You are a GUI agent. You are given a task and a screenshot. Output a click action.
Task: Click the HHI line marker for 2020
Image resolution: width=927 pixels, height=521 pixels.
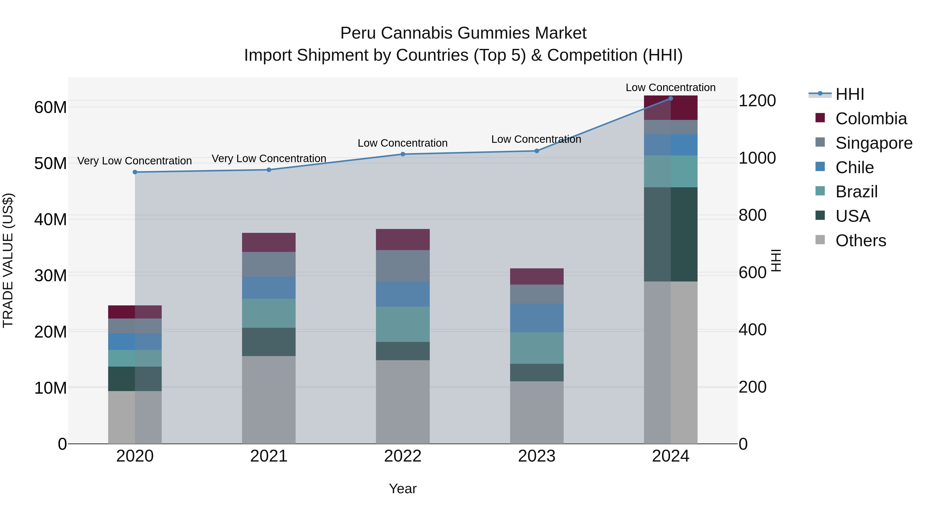click(x=135, y=172)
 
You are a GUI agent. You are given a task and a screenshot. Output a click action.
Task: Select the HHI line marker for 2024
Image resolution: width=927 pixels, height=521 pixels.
click(x=671, y=99)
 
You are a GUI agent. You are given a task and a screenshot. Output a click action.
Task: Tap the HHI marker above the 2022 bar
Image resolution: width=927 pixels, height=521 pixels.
click(x=403, y=154)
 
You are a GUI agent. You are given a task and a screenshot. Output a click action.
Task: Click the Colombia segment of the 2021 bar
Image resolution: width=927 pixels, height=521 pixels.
click(x=269, y=242)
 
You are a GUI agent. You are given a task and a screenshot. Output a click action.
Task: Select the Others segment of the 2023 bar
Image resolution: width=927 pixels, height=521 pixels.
click(x=537, y=412)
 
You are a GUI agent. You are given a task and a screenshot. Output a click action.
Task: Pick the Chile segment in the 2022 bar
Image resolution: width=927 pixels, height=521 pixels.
click(x=403, y=295)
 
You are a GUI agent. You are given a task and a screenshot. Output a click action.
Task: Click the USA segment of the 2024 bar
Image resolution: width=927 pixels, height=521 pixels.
click(x=671, y=234)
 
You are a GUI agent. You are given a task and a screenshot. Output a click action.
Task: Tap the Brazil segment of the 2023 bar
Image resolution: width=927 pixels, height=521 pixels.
click(x=537, y=348)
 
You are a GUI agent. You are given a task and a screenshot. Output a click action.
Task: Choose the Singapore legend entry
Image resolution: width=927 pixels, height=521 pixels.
click(x=873, y=143)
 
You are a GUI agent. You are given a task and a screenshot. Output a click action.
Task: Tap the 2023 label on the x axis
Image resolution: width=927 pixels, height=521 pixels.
click(x=537, y=456)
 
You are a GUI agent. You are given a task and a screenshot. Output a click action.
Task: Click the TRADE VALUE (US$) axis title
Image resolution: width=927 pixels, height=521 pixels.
click(x=8, y=260)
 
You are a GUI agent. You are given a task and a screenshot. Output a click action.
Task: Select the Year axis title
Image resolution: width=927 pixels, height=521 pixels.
click(x=403, y=489)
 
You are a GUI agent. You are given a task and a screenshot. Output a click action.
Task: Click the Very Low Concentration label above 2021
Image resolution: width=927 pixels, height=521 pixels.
click(x=269, y=158)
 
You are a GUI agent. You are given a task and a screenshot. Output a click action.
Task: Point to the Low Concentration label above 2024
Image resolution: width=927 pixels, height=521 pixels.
click(x=671, y=87)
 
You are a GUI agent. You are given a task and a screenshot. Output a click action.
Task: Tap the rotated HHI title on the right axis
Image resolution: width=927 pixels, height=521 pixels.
click(x=777, y=260)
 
